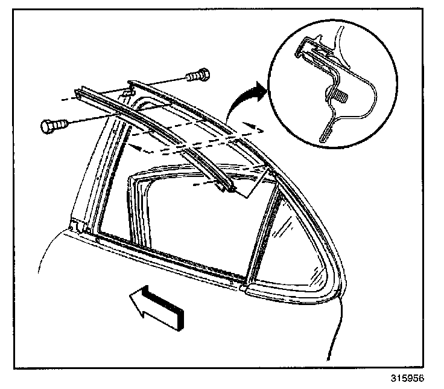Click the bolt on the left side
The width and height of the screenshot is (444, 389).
tap(51, 126)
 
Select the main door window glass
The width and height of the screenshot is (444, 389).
tap(187, 217)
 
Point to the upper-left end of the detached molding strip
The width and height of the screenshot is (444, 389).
tap(79, 93)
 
